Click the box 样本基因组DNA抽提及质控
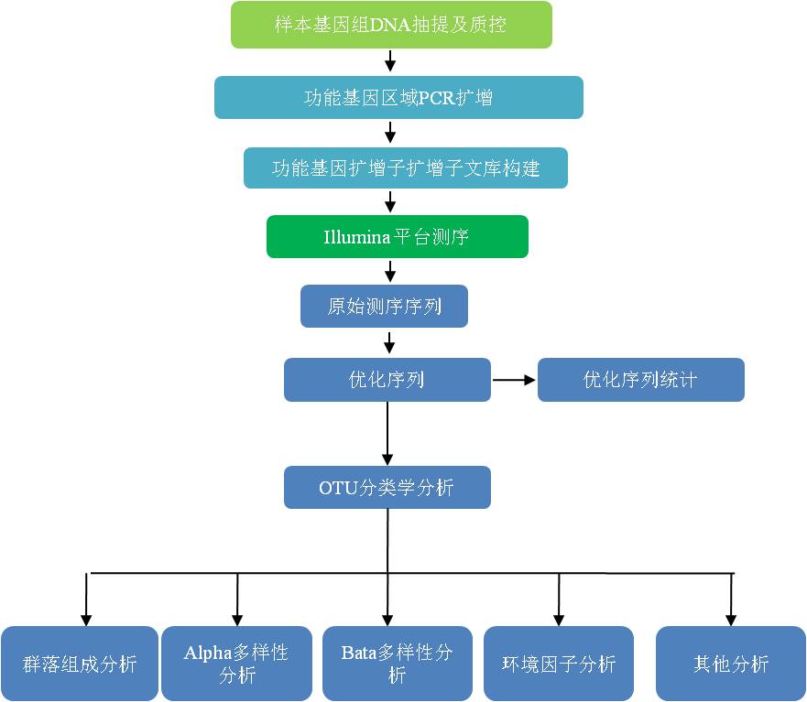coord(391,25)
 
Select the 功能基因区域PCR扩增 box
coord(398,97)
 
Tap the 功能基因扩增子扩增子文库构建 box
coord(405,168)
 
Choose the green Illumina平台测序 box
coord(398,236)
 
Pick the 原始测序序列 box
coord(384,307)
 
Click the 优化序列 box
coord(387,379)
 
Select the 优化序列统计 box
coord(640,379)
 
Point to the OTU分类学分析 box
coord(387,488)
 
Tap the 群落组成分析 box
coord(80,664)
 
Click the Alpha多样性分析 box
coord(236,664)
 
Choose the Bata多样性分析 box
coord(397,664)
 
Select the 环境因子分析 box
coord(559,664)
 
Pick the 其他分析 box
coord(731,664)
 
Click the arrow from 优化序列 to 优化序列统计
coord(514,379)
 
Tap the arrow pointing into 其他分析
coord(731,599)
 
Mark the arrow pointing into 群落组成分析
coord(86,599)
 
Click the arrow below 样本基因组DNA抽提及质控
coord(391,61)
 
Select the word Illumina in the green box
coord(356,237)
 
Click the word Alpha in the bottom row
coord(206,653)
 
